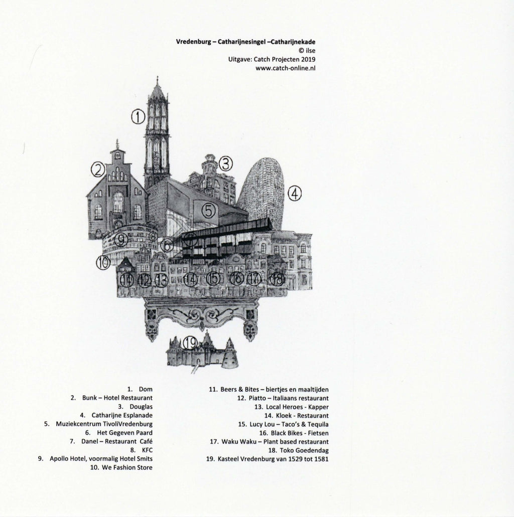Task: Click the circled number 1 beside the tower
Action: coord(139,116)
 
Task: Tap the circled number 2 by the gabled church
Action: coord(98,170)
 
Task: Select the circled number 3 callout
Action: coord(226,163)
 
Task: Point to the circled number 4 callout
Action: coord(295,194)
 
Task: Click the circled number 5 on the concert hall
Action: coord(209,211)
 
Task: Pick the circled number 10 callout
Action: coord(103,263)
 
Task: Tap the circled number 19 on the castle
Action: coord(190,343)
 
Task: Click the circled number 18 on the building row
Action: coord(277,280)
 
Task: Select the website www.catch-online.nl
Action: coord(286,68)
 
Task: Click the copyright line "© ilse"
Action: coord(307,51)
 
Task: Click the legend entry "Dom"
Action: coord(146,390)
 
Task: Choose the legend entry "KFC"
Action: coord(147,450)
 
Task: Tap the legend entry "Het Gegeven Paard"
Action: coord(125,433)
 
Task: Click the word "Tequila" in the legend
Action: coord(318,424)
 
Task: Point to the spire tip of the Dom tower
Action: coord(158,77)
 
